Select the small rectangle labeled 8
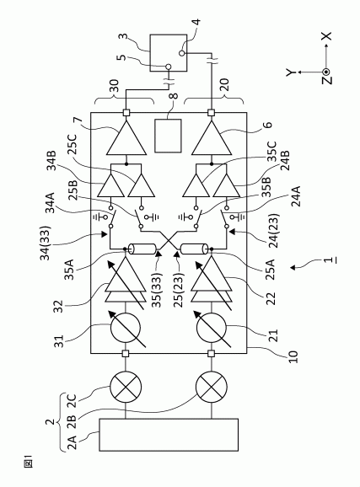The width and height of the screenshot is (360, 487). tap(168, 136)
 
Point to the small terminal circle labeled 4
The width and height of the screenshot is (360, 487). tap(182, 53)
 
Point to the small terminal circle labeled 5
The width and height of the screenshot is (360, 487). tap(169, 67)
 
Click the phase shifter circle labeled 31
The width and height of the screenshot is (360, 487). tap(126, 329)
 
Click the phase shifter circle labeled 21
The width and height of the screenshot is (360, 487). tap(212, 329)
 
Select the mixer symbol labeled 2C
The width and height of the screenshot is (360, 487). tap(126, 387)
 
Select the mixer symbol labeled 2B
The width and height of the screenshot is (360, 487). tap(212, 387)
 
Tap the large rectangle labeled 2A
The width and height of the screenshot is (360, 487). tap(169, 435)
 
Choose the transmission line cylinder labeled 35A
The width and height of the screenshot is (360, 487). tap(143, 249)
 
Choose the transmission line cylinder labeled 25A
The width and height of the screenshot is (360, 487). tap(194, 249)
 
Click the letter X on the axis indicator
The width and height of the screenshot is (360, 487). tap(326, 36)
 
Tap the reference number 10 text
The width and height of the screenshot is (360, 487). tap(293, 356)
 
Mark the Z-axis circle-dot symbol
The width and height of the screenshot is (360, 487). tap(325, 72)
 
